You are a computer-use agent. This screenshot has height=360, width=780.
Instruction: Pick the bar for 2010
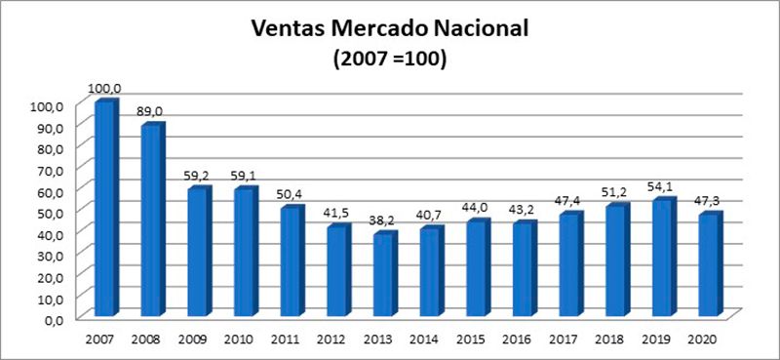coord(245,252)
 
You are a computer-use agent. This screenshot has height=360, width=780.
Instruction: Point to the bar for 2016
coord(524,269)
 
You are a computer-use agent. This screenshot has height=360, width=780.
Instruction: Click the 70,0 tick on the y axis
coord(50,170)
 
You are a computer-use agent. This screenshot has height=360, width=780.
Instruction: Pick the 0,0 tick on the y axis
coord(53,319)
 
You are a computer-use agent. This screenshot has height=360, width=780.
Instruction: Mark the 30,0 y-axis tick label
coord(50,255)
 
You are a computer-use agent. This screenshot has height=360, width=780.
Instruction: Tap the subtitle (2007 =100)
coord(390,59)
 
